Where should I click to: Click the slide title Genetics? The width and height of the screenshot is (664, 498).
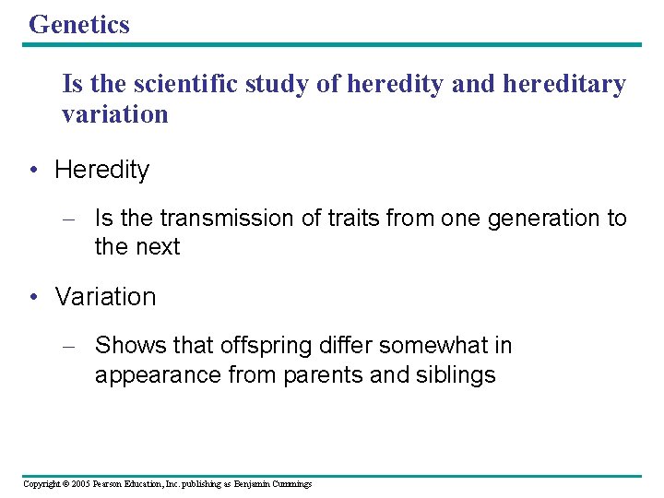(79, 25)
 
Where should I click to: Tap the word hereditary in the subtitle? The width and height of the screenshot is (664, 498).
(563, 85)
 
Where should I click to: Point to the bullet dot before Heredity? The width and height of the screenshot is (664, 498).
(34, 170)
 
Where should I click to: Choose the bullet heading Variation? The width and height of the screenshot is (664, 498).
(105, 297)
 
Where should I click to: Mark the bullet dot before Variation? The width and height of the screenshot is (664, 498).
(34, 297)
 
